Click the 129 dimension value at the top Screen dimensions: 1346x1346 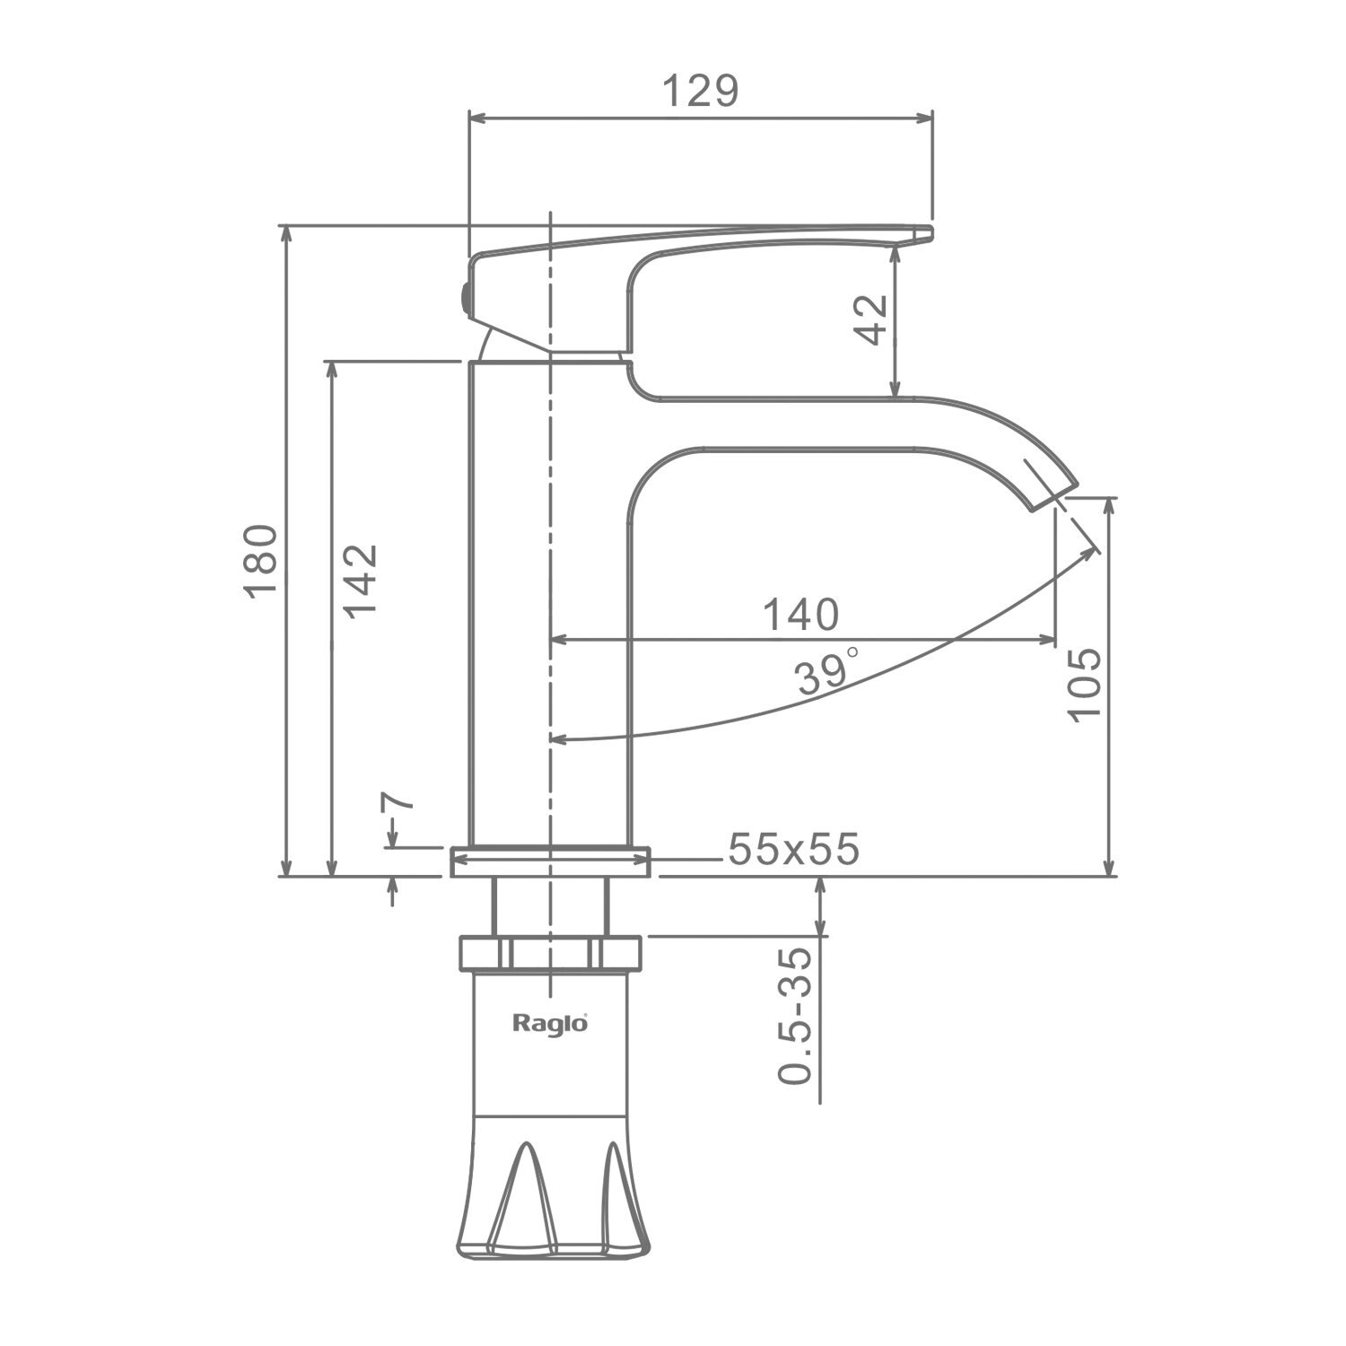pos(700,92)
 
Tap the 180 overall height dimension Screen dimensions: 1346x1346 pos(260,561)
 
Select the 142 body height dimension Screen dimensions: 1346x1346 pos(361,580)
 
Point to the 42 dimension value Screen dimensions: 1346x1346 pos(870,319)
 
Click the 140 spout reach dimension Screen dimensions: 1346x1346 pos(800,615)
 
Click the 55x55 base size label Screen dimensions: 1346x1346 pos(793,849)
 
